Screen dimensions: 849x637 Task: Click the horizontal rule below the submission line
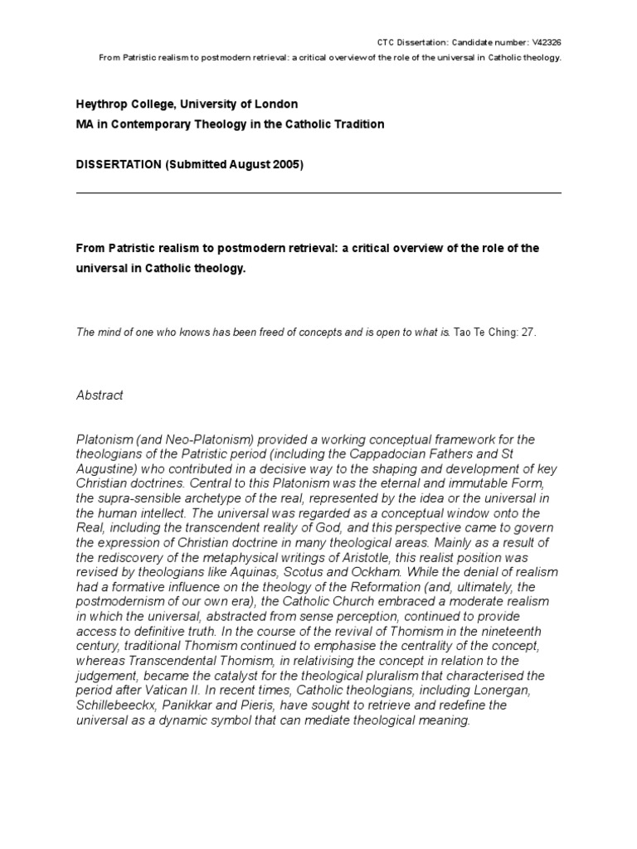(x=318, y=193)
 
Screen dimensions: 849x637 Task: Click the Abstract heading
(x=99, y=395)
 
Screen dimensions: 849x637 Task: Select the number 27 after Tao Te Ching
(x=529, y=332)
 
